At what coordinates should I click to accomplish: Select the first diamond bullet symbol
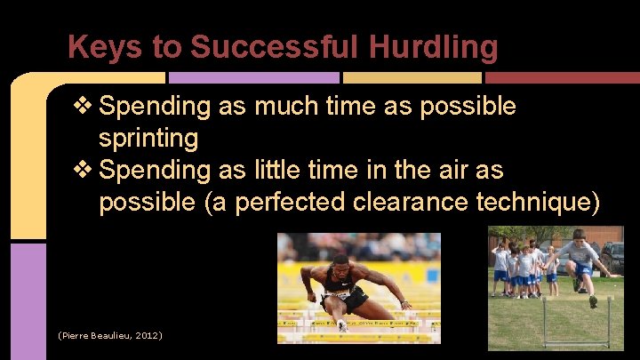84,107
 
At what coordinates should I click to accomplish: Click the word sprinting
148,139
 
